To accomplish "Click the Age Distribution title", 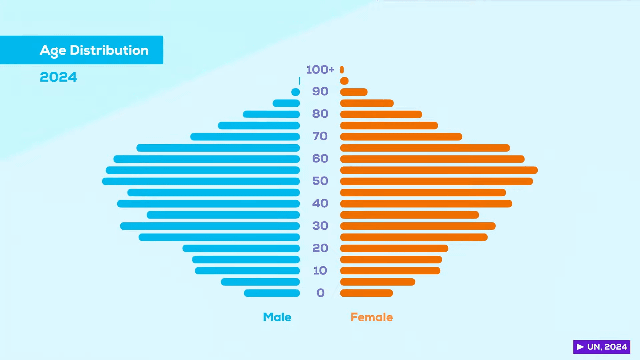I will pos(94,50).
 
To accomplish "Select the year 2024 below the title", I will pos(58,77).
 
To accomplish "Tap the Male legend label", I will pos(277,317).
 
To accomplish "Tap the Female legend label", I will pos(372,317).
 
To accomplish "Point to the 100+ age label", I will pos(320,70).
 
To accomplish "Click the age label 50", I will pos(320,181).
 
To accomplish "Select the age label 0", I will pos(320,293).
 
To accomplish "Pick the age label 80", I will pos(320,114).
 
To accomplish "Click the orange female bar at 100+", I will pos(342,70).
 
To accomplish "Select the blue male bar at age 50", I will pos(201,181).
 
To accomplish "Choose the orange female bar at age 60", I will pos(432,159).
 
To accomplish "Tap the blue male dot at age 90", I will pos(296,92).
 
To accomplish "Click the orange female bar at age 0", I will pos(366,293).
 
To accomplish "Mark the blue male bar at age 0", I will pos(272,293).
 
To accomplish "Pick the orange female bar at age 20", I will pos(394,248).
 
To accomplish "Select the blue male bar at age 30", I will pos(210,226).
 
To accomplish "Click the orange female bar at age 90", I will pos(354,92).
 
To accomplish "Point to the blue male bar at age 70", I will pos(245,137).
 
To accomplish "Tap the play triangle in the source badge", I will pos(580,347).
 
